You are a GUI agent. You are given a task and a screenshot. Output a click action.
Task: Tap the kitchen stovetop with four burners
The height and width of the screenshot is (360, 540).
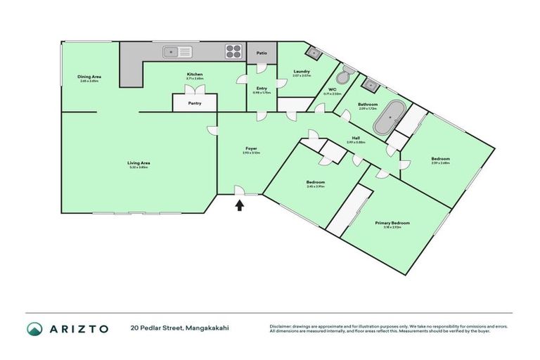click(233, 51)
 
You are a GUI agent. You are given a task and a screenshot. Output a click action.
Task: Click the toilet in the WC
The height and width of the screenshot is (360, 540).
click(343, 76)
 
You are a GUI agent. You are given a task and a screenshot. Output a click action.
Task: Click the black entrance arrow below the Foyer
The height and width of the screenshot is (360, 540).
click(240, 205)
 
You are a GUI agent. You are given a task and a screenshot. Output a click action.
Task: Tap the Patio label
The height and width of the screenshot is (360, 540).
click(262, 52)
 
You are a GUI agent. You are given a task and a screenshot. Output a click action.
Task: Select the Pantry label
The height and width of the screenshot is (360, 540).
click(195, 103)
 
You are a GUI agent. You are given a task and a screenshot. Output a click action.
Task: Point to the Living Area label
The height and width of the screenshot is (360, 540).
click(139, 162)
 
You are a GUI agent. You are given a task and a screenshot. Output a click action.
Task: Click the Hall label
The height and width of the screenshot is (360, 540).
click(356, 138)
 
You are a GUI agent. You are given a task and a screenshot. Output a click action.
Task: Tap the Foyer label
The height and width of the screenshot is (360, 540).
click(250, 148)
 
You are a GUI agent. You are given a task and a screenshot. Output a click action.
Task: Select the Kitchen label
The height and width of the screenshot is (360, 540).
click(195, 74)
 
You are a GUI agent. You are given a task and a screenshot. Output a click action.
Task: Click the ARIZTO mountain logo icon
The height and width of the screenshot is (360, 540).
click(34, 328)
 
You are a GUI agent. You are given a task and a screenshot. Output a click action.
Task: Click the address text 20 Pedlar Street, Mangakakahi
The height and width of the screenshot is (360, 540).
click(179, 328)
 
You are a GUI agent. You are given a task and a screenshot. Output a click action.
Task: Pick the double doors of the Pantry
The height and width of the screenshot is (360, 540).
click(194, 90)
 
